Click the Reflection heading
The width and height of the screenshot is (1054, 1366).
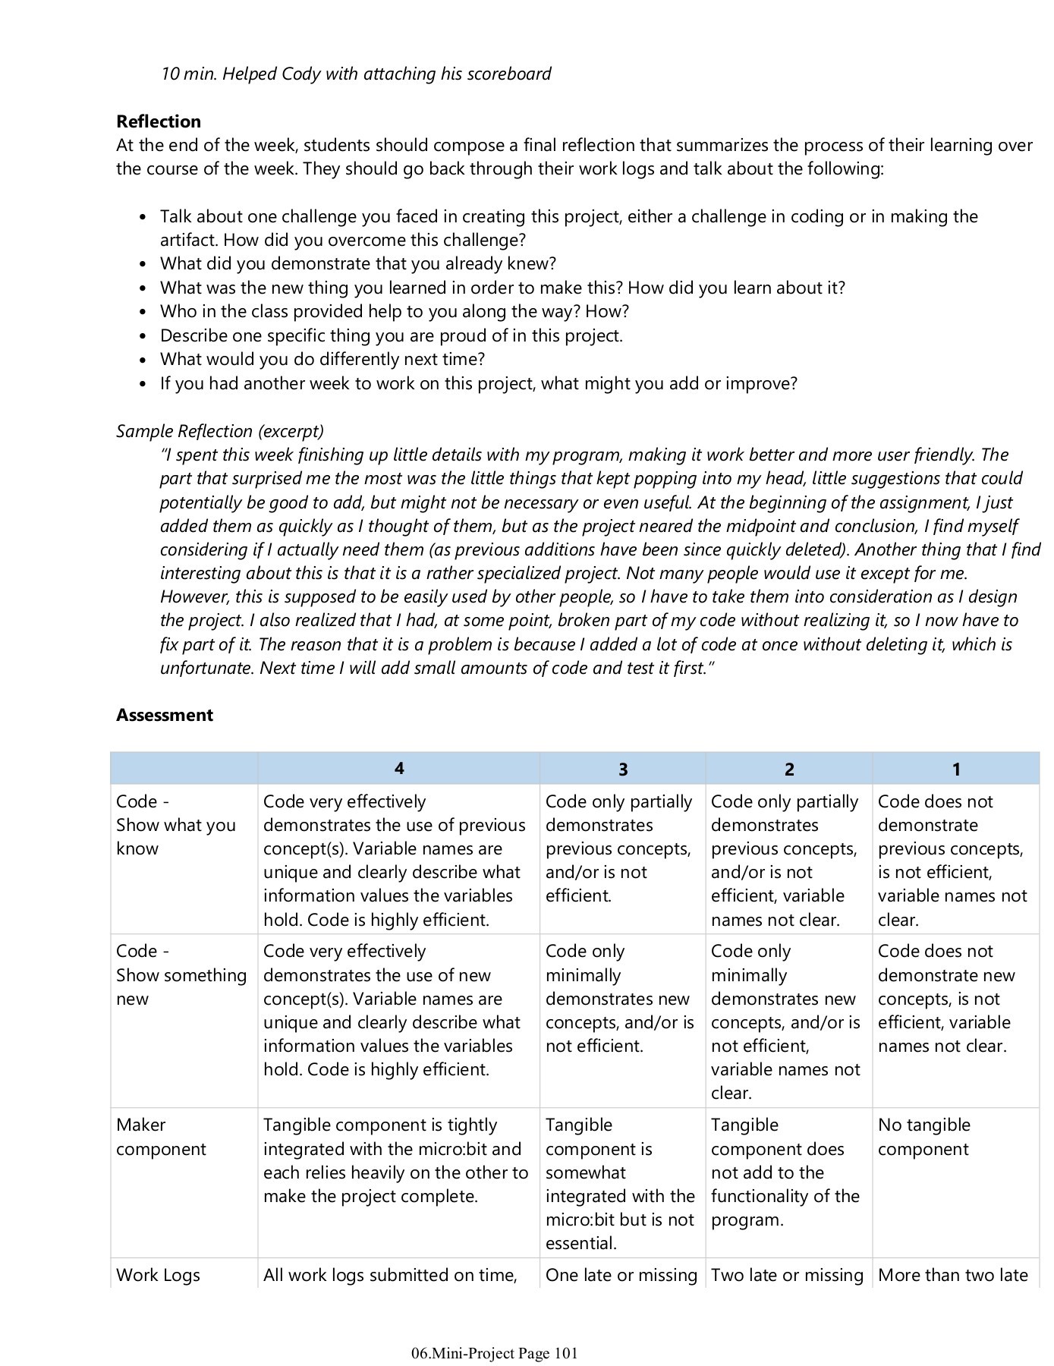(158, 121)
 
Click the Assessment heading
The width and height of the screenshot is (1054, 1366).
(164, 715)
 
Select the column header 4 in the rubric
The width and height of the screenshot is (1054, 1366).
(398, 768)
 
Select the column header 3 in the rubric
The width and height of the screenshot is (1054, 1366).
(622, 769)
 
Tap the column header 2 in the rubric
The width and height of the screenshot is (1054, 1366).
(788, 769)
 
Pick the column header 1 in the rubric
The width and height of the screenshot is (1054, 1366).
(955, 769)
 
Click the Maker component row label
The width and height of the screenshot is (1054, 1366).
(160, 1136)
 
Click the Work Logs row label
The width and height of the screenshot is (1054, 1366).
(158, 1275)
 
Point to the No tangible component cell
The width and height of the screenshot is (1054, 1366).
(923, 1136)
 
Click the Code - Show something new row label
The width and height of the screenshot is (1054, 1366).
(181, 974)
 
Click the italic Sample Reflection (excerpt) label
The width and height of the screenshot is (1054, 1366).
(219, 431)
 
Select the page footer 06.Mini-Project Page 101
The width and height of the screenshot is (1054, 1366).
(494, 1353)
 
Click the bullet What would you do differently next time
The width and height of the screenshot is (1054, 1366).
(322, 359)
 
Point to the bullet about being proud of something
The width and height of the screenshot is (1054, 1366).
(391, 335)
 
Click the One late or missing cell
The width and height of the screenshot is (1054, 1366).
(621, 1275)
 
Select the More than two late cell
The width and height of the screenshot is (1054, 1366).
(952, 1275)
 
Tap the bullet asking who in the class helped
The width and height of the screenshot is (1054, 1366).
(394, 311)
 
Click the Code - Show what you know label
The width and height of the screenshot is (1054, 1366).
(175, 825)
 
